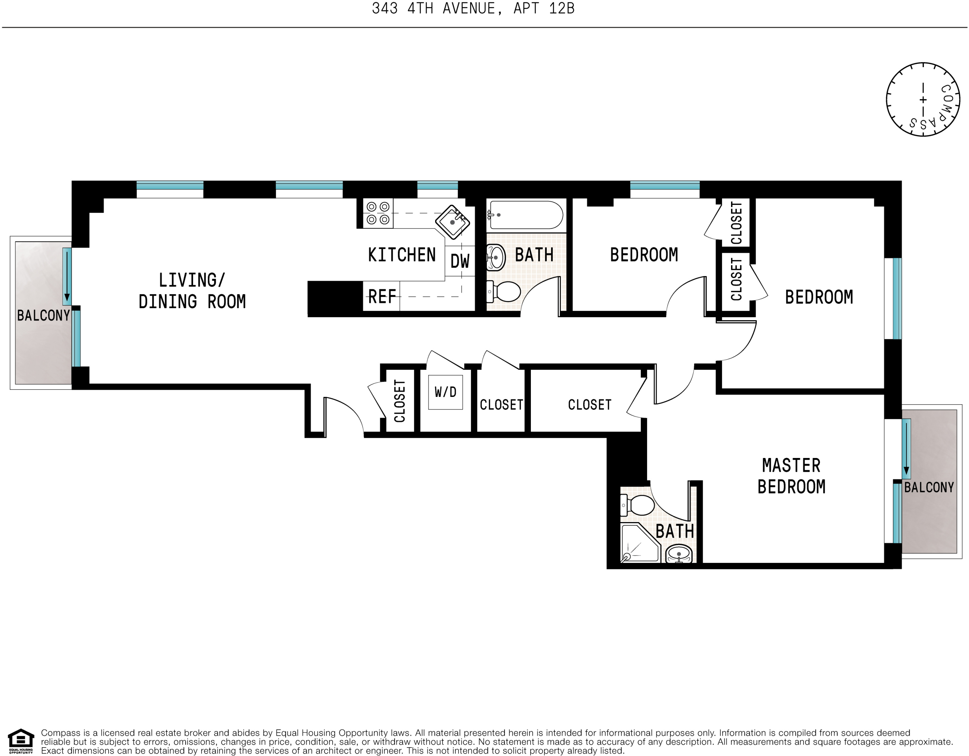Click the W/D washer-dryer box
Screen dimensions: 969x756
tap(446, 392)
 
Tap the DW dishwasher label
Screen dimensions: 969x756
tap(460, 262)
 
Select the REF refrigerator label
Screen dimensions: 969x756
tap(382, 297)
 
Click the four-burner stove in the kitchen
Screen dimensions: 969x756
tap(378, 213)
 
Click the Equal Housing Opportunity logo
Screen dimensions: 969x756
tap(21, 741)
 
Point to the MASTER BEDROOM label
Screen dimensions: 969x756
tap(791, 476)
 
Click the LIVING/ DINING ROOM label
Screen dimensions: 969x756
tap(192, 291)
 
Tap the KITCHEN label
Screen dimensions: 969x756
tap(402, 255)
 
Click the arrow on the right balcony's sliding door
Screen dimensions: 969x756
tap(906, 449)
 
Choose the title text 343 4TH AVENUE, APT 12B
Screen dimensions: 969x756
tap(473, 8)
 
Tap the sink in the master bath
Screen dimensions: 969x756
tap(679, 554)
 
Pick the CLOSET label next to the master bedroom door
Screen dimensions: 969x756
tap(589, 405)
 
